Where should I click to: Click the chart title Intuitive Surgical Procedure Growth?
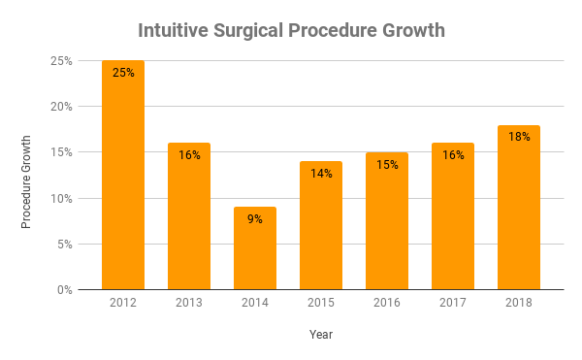[291, 30]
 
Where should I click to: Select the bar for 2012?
[123, 175]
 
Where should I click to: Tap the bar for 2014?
[255, 248]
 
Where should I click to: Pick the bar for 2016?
[387, 221]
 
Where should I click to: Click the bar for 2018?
[519, 208]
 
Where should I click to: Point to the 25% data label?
[123, 71]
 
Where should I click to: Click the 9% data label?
[255, 218]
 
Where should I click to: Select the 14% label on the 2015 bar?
[321, 173]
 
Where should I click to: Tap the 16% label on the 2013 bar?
[189, 154]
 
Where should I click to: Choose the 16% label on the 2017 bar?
[453, 154]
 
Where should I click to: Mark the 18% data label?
[519, 137]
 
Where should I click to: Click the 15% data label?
[387, 164]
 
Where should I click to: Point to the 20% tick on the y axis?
[61, 107]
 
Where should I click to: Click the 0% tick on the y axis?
[64, 290]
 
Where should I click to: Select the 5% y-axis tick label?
[64, 245]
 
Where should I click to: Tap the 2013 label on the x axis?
[189, 304]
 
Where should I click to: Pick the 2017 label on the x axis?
[453, 304]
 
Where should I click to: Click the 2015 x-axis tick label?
[321, 304]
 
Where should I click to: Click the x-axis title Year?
[321, 335]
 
